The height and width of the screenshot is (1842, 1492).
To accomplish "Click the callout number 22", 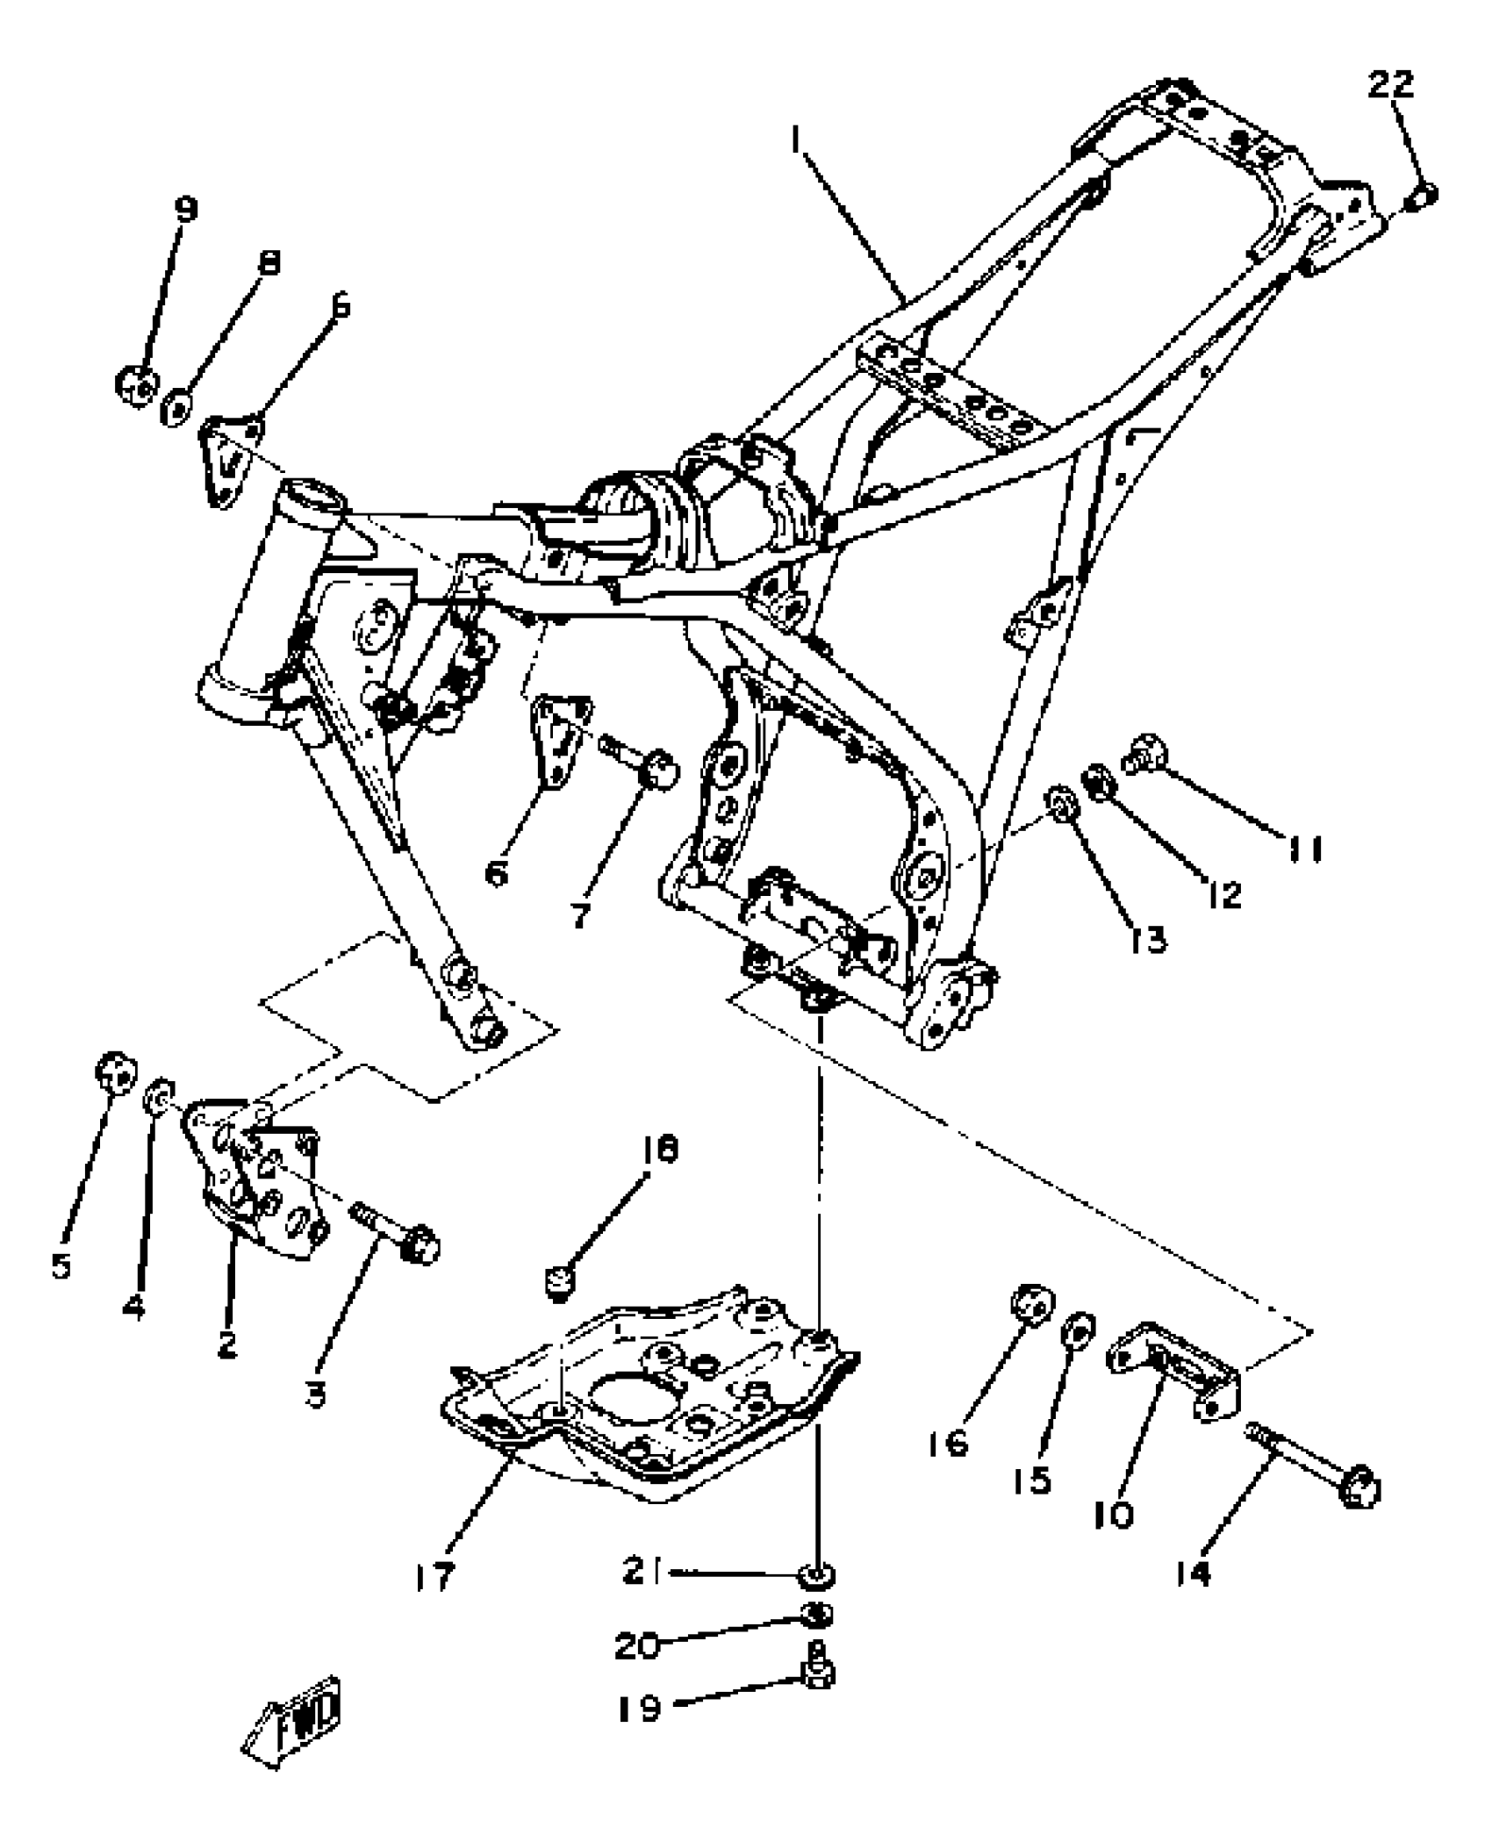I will click(1391, 85).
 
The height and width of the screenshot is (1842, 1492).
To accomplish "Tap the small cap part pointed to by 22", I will click(1421, 198).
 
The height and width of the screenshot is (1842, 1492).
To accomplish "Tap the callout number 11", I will click(1304, 849).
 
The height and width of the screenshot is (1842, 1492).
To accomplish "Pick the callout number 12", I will click(1224, 894).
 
